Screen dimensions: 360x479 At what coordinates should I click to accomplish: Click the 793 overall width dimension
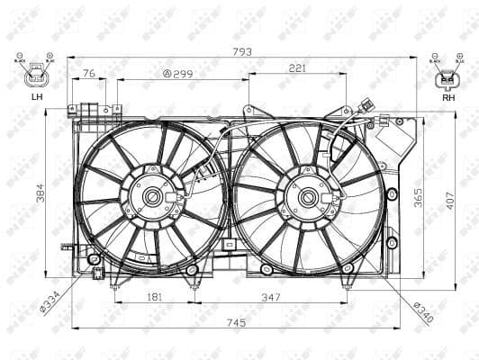click(241, 51)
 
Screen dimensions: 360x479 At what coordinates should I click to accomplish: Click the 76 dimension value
click(89, 73)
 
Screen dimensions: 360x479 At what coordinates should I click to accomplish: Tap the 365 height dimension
click(417, 196)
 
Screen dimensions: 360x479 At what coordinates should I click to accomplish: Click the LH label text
click(36, 96)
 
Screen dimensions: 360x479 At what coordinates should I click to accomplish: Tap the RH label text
click(447, 96)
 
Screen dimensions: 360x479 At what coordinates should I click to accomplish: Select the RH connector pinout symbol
click(447, 77)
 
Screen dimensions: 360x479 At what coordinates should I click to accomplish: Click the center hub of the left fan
click(150, 197)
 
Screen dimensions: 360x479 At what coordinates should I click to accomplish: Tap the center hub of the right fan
click(308, 197)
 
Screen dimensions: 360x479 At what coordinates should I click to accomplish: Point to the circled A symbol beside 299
click(167, 73)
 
